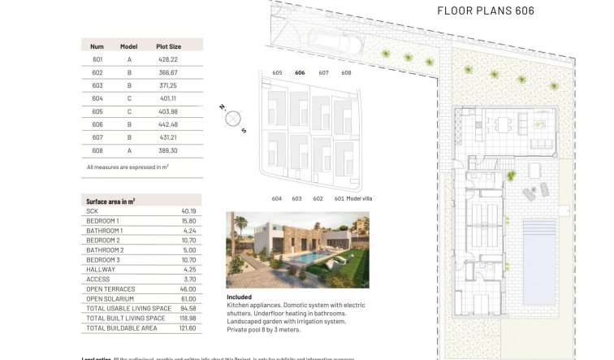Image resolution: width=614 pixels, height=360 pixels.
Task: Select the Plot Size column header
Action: click(x=169, y=46)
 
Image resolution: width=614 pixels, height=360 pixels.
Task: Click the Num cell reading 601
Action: click(x=97, y=59)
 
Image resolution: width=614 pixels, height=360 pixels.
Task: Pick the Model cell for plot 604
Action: click(x=129, y=98)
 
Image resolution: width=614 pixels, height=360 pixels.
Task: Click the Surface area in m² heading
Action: click(x=110, y=201)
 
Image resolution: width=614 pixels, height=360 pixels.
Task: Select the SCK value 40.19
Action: click(x=188, y=211)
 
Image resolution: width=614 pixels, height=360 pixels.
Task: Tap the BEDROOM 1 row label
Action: click(x=102, y=221)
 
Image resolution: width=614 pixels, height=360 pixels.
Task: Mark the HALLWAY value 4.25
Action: click(x=188, y=269)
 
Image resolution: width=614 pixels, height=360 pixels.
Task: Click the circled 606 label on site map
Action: click(x=300, y=73)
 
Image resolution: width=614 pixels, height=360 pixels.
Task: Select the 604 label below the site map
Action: click(x=276, y=198)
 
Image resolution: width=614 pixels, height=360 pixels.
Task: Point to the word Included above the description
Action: click(x=240, y=297)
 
